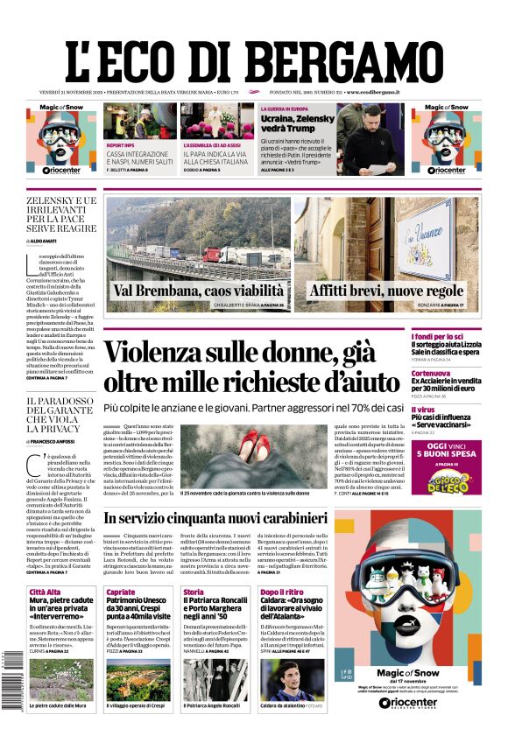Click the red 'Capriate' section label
pyautogui.click(x=121, y=592)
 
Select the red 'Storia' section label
pyautogui.click(x=193, y=592)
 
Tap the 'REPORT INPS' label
pyautogui.click(x=121, y=145)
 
